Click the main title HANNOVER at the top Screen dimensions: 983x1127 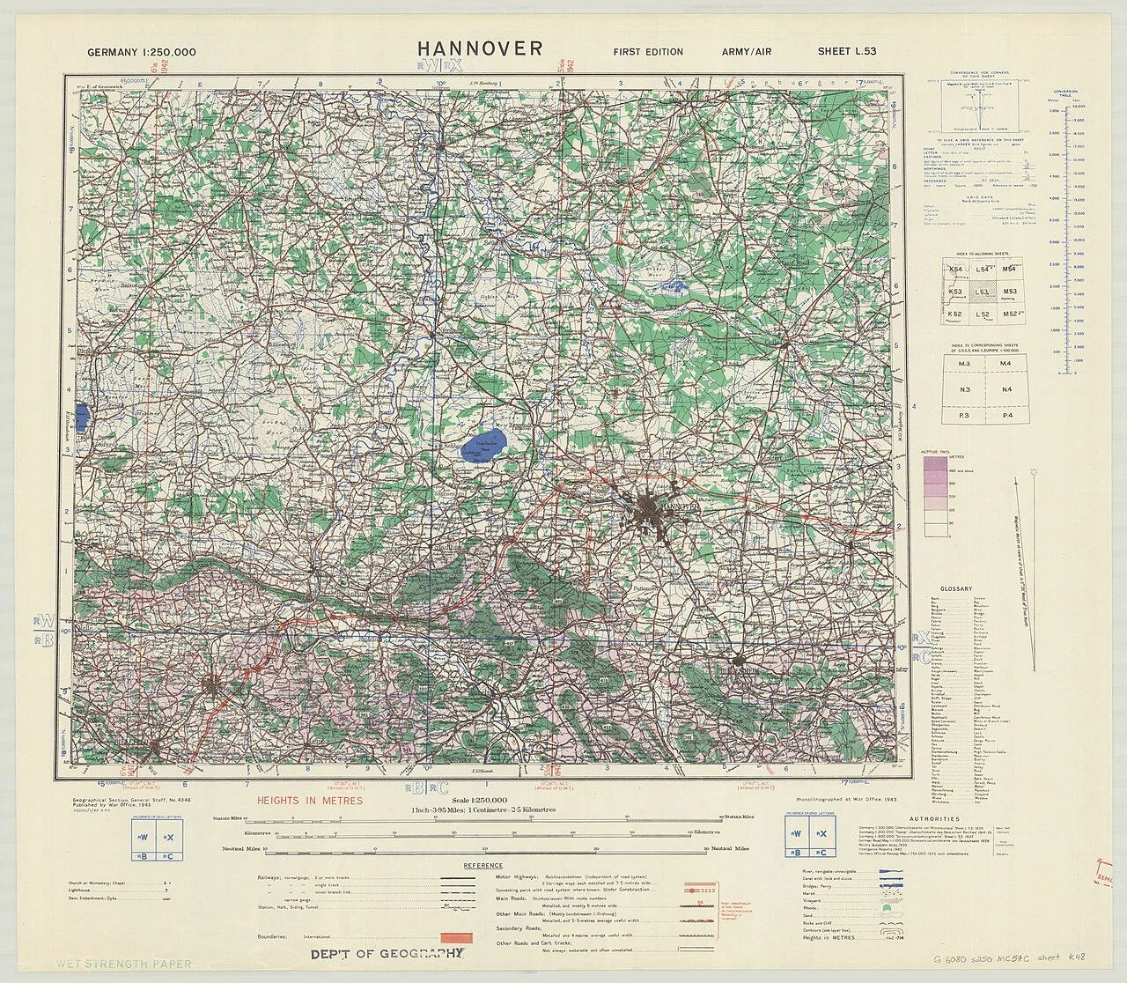click(x=480, y=48)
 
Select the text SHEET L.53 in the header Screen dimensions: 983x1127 click(x=846, y=51)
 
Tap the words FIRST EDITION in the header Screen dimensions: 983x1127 click(x=648, y=52)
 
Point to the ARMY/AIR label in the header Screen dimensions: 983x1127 click(x=746, y=52)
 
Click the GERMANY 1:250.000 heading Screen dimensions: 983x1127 click(x=142, y=52)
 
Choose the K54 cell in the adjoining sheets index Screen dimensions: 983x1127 click(x=956, y=270)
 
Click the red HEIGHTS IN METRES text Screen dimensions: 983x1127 click(x=309, y=801)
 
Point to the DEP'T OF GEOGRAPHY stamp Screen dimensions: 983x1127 click(x=386, y=954)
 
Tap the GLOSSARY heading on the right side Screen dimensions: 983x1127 click(x=955, y=588)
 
